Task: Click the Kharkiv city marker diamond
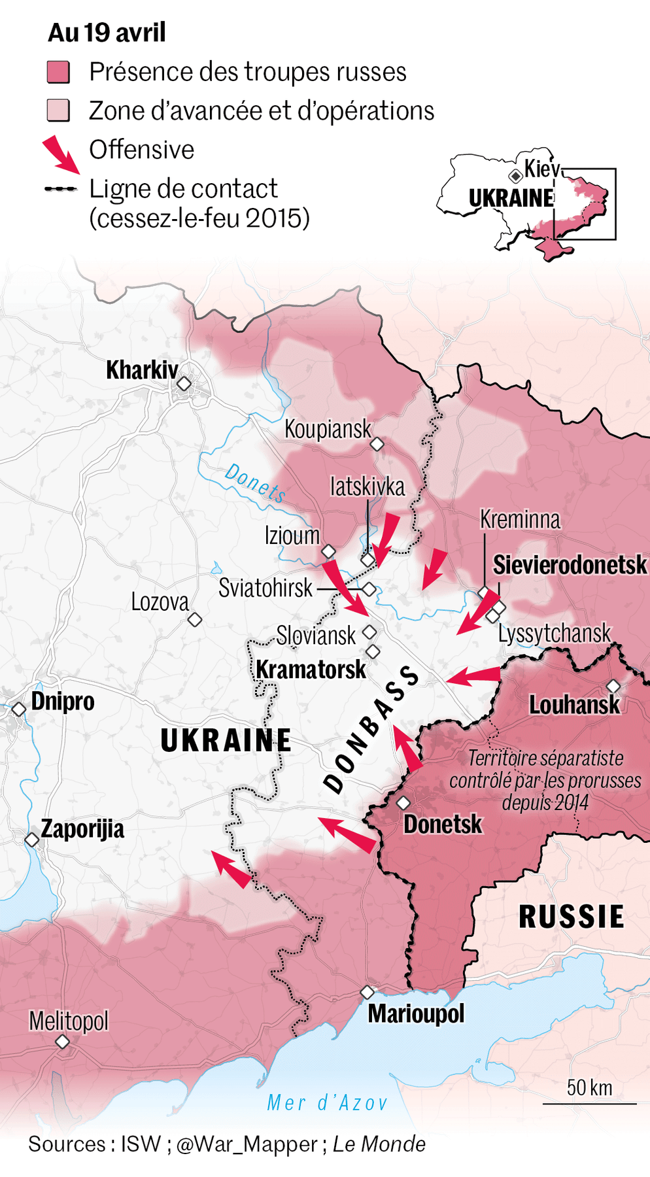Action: (184, 383)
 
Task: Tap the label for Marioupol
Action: (416, 1014)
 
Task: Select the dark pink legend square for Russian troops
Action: (58, 72)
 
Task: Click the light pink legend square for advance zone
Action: (58, 111)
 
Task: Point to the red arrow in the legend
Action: (61, 154)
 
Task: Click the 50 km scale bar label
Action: (589, 1087)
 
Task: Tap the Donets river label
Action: (255, 483)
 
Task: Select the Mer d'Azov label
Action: (327, 1102)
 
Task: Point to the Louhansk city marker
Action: (613, 686)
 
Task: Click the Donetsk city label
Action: (442, 824)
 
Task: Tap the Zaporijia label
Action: (82, 829)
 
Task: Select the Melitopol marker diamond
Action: (63, 1042)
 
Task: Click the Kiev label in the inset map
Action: (541, 169)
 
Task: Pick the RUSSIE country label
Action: (571, 917)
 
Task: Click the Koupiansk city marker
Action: (377, 445)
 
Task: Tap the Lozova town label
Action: (160, 602)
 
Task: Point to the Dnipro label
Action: (63, 701)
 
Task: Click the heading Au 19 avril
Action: (107, 33)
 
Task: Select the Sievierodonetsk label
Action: (570, 565)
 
